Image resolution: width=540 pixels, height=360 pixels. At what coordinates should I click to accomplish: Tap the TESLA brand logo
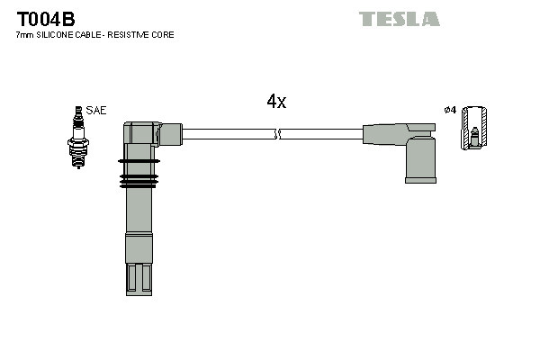pyautogui.click(x=399, y=19)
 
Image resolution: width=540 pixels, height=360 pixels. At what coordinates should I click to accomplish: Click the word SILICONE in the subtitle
pyautogui.click(x=58, y=35)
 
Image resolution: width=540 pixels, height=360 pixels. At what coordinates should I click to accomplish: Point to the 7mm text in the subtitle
pyautogui.click(x=24, y=35)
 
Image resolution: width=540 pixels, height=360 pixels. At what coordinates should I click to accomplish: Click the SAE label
pyautogui.click(x=97, y=111)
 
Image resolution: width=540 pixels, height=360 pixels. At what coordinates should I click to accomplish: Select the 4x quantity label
pyautogui.click(x=276, y=102)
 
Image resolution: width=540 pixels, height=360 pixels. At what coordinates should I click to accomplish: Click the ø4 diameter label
pyautogui.click(x=451, y=110)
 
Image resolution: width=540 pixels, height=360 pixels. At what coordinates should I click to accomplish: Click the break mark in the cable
pyautogui.click(x=277, y=134)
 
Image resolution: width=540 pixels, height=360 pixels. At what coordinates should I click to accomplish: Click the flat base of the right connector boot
pyautogui.click(x=419, y=180)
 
